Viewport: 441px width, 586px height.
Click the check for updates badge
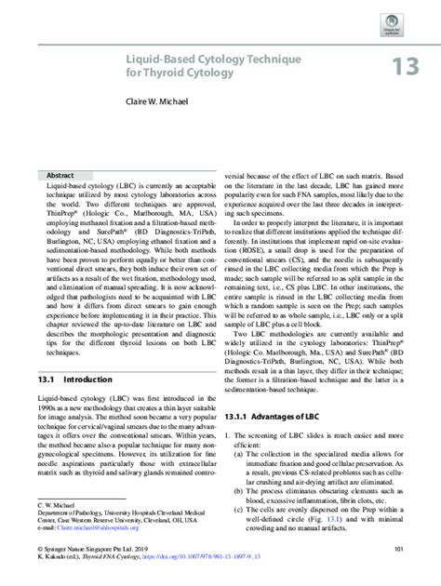(x=402, y=16)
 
